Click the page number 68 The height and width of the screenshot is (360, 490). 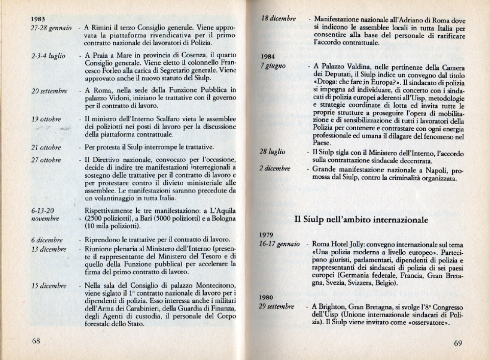pos(36,341)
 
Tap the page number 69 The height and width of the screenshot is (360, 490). pos(458,343)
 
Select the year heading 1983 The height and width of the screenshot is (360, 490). pos(38,19)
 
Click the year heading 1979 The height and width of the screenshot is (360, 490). pos(267,235)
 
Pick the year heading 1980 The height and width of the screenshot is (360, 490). pos(267,297)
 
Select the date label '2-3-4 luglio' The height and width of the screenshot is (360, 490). pos(48,56)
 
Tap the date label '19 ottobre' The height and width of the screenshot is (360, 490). pos(46,119)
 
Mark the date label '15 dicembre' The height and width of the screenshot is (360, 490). pos(48,286)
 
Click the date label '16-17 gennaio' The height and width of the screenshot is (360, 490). pos(280,245)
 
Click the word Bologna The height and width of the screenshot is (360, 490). pos(220,218)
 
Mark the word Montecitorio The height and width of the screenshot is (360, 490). pos(211,286)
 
